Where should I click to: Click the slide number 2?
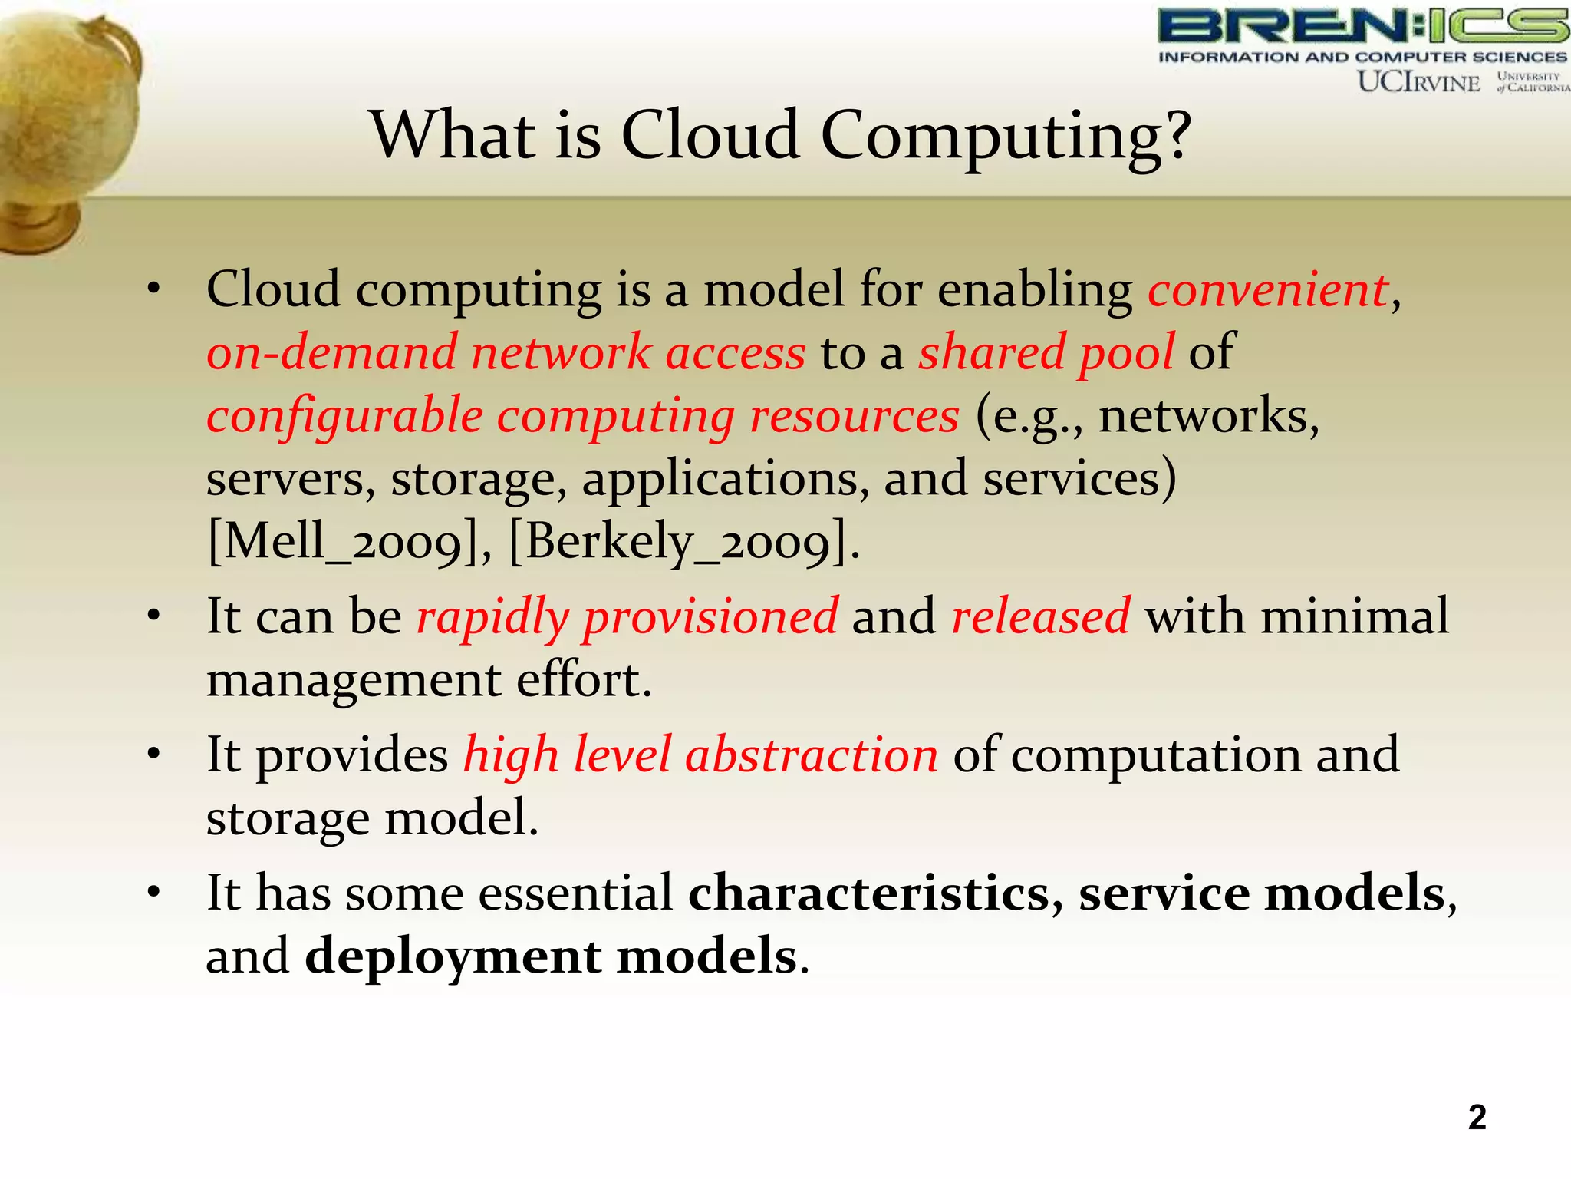point(1477,1118)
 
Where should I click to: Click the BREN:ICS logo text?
point(1362,27)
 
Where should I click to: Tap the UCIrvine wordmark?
point(1418,82)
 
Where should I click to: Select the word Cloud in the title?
point(710,135)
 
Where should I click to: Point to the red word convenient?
point(1267,290)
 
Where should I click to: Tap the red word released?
point(1040,616)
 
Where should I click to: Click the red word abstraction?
point(811,755)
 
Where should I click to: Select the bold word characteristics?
point(869,893)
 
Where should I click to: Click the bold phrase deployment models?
point(551,957)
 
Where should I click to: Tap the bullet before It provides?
point(154,754)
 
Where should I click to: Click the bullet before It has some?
point(154,893)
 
